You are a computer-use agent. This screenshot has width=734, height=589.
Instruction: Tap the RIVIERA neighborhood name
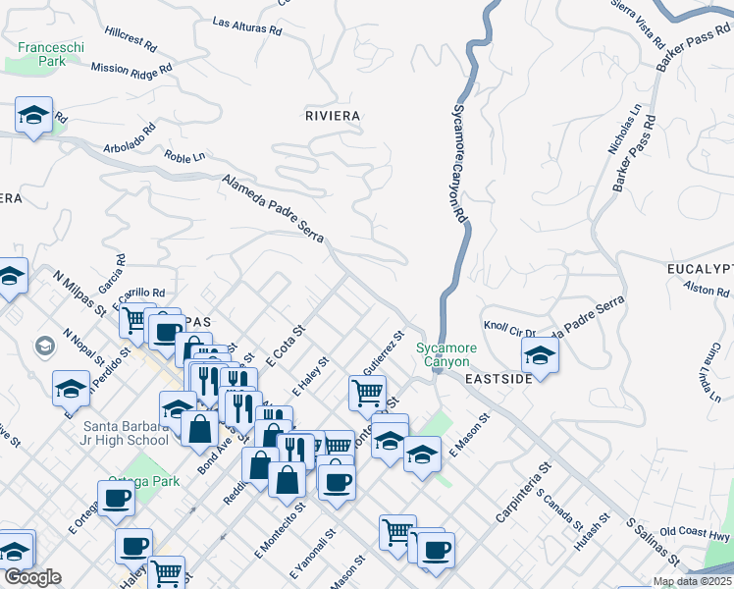click(332, 116)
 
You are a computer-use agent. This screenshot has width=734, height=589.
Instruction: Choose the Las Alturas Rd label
click(246, 26)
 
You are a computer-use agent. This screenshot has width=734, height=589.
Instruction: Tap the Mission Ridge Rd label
click(131, 69)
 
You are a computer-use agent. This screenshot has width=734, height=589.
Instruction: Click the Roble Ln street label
click(184, 156)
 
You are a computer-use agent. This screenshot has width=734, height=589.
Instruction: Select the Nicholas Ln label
click(624, 130)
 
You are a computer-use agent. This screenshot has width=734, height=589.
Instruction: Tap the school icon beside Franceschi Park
click(34, 116)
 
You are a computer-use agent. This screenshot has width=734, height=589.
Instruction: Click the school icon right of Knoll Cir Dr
click(540, 354)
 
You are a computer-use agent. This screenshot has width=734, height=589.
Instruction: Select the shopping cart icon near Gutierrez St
click(367, 393)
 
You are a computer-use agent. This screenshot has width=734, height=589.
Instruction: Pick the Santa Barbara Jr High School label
click(113, 432)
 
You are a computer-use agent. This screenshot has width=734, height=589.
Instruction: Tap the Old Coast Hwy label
click(695, 534)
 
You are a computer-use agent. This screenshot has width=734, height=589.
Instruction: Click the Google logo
click(32, 577)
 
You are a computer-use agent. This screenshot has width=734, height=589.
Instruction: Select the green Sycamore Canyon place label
click(446, 355)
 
